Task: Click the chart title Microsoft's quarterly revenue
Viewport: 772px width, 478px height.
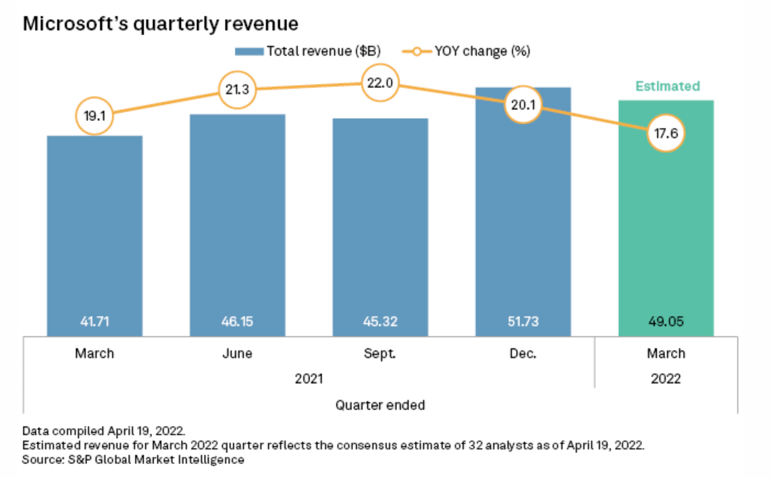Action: [160, 24]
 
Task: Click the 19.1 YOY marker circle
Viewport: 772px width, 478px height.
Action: [94, 115]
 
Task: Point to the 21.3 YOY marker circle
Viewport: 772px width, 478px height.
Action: [237, 91]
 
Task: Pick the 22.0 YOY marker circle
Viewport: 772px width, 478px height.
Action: [380, 84]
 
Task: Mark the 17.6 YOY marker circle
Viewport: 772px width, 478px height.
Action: [666, 133]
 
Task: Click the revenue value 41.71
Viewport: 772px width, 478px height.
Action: [94, 320]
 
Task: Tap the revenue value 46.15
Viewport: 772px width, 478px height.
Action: [237, 320]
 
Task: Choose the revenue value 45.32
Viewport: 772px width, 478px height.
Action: [380, 320]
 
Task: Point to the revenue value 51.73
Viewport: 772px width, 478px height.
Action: [523, 320]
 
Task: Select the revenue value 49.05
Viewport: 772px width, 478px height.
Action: [666, 320]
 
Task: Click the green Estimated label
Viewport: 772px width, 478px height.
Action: [667, 87]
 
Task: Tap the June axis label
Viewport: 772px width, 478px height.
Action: [237, 353]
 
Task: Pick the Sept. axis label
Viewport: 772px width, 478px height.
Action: [380, 353]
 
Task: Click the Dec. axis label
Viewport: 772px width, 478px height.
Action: [523, 353]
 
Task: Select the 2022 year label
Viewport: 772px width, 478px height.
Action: [666, 379]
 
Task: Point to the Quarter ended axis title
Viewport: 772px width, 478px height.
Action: [380, 405]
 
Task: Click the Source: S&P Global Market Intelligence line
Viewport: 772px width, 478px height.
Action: [133, 460]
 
